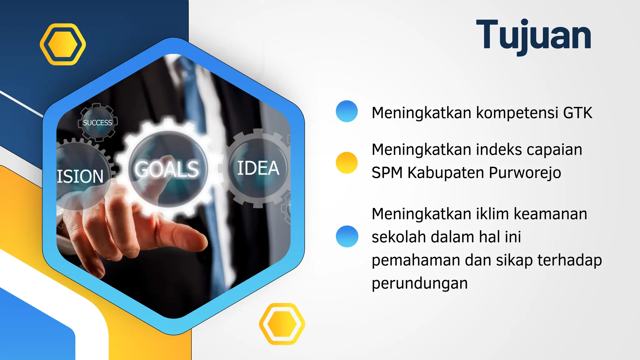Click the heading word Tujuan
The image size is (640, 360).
coord(533,35)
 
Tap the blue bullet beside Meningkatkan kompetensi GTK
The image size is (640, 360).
coord(347,111)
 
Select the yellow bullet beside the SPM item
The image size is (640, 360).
coord(347,163)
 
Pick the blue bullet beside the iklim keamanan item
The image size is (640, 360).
coord(347,237)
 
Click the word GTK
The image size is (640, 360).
coord(577,113)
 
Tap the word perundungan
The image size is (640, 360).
coord(419,283)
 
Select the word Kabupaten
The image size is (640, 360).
coord(446,173)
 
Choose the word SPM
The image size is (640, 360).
coord(387,173)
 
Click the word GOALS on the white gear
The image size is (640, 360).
coord(167,170)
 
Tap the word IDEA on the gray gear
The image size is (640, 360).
coord(258,168)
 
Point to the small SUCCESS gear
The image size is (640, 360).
coord(97,122)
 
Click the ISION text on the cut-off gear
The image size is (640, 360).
coord(80,176)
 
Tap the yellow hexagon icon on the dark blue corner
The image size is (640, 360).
coord(63,44)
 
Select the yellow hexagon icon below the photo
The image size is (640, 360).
coord(282,324)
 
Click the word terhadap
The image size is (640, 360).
coord(569,260)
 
